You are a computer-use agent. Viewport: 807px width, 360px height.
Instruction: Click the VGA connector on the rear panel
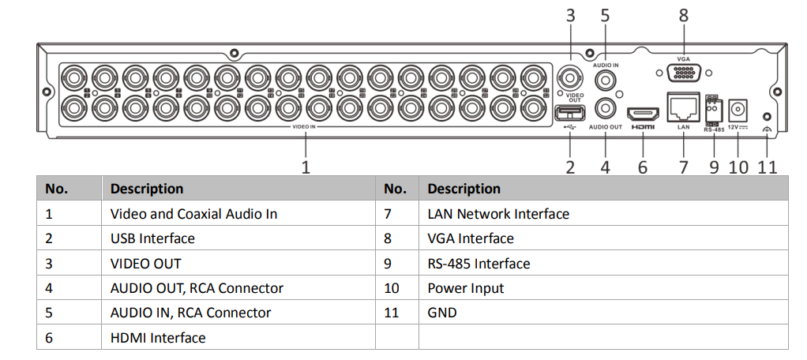coord(683,72)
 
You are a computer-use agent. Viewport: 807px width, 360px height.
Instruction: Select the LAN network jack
coord(683,106)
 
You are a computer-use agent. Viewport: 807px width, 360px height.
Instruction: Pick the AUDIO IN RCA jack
coord(606,80)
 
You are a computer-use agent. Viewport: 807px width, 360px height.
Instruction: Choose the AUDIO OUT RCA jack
coord(606,108)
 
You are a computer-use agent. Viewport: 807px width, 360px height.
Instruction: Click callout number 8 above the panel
coord(683,14)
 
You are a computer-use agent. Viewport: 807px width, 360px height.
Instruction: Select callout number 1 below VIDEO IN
coord(306,167)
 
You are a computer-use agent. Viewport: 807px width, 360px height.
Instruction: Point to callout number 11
coord(768,167)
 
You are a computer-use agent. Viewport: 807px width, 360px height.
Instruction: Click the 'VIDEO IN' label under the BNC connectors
coord(304,126)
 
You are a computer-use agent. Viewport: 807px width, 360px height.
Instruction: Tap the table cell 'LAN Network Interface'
coord(498,214)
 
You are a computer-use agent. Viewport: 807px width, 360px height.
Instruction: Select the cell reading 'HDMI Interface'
coord(158,338)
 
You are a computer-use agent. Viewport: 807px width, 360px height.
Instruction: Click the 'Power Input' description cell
coord(466,288)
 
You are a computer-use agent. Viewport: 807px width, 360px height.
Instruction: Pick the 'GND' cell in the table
coord(442,313)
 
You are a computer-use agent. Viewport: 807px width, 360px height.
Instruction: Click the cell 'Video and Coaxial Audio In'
coord(193,214)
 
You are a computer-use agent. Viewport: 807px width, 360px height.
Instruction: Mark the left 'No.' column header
coord(57,189)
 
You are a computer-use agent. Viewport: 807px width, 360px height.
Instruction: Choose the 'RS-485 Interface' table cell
coord(479,264)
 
